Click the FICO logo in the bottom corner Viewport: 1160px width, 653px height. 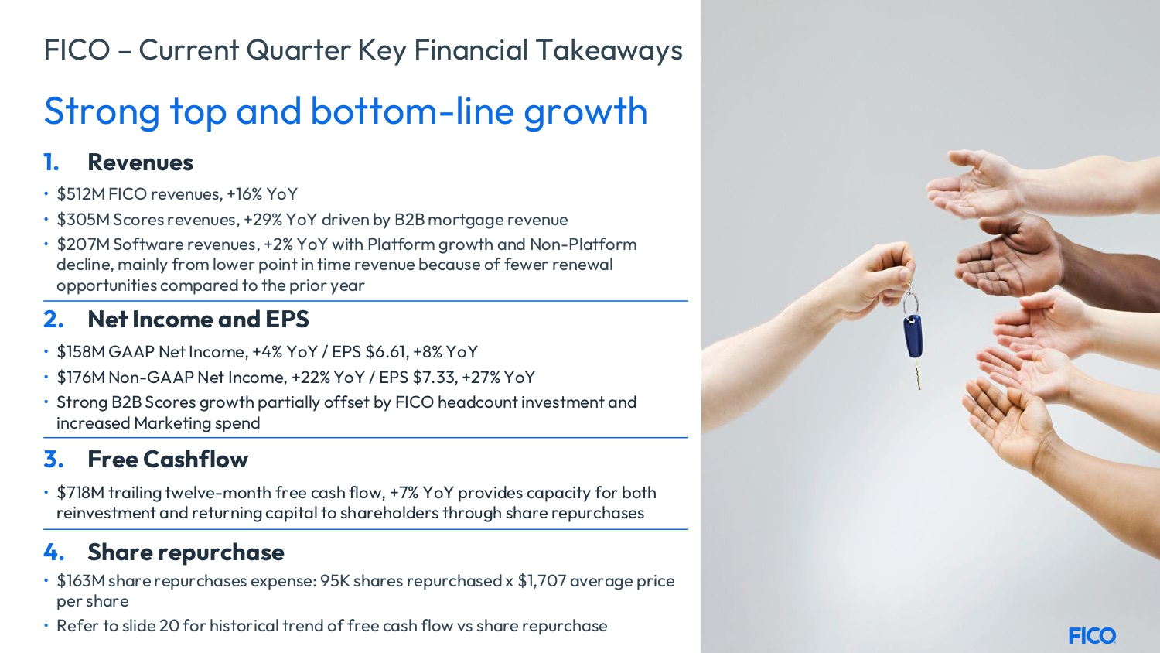click(x=1092, y=635)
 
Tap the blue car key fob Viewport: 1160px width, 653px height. click(x=913, y=337)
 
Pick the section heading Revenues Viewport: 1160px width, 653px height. click(x=140, y=162)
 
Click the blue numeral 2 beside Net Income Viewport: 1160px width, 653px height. click(x=53, y=320)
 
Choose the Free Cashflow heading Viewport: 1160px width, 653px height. click(x=168, y=459)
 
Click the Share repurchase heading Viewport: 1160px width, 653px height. click(x=186, y=552)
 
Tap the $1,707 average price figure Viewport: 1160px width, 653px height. click(x=541, y=581)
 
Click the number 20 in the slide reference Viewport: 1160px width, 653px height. click(x=169, y=626)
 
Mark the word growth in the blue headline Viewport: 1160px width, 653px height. click(x=585, y=112)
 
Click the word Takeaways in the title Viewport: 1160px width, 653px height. click(x=609, y=51)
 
